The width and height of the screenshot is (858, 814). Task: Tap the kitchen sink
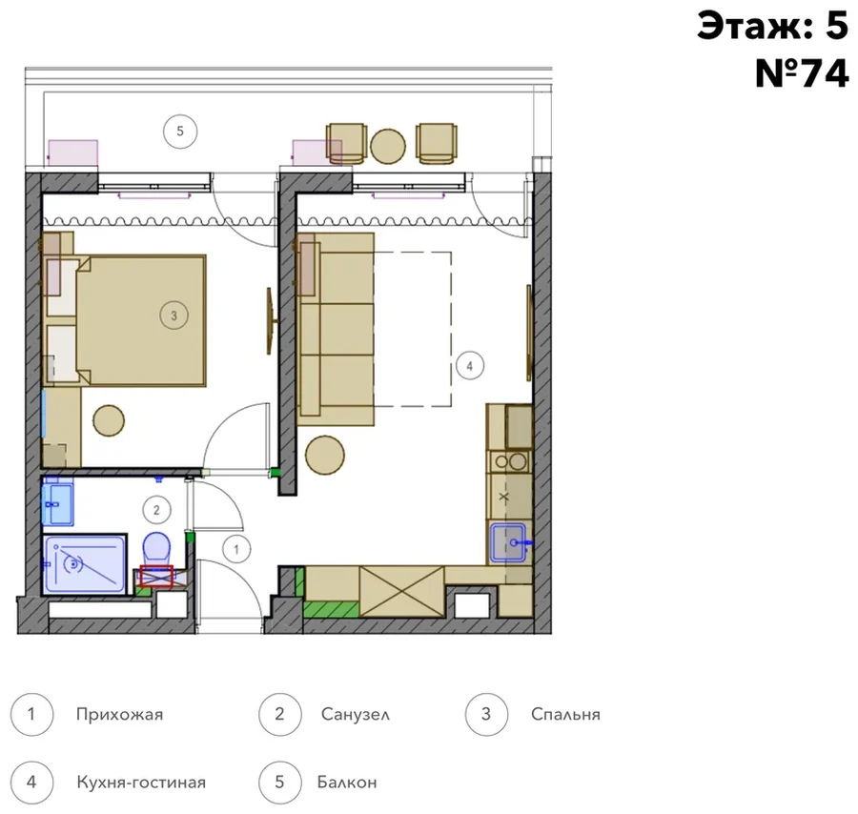[x=508, y=542]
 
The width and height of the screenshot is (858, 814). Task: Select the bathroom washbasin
[x=57, y=501]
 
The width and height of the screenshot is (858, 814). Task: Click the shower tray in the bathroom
[x=85, y=565]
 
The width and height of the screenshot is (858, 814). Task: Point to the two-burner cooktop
[x=510, y=462]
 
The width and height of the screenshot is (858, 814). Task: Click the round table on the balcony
[x=388, y=146]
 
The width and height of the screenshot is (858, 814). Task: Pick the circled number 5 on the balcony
[x=180, y=132]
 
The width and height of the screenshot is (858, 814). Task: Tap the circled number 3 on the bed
[x=174, y=315]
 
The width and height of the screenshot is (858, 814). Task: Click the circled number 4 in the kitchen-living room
[x=469, y=366]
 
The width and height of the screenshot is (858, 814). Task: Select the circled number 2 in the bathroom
[x=156, y=510]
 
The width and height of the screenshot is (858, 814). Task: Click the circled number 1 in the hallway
[x=236, y=549]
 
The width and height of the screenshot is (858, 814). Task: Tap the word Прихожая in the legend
[x=119, y=715]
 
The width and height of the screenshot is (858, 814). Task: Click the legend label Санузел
[x=356, y=715]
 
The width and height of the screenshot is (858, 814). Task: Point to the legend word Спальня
[x=565, y=715]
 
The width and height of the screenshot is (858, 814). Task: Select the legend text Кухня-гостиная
[x=141, y=783]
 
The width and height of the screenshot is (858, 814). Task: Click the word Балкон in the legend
[x=347, y=783]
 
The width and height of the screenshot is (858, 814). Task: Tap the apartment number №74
[x=802, y=73]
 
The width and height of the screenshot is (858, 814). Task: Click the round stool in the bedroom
[x=109, y=420]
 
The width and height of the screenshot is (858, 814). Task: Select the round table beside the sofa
[x=325, y=456]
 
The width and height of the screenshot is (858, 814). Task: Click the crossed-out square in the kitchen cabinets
[x=401, y=591]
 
